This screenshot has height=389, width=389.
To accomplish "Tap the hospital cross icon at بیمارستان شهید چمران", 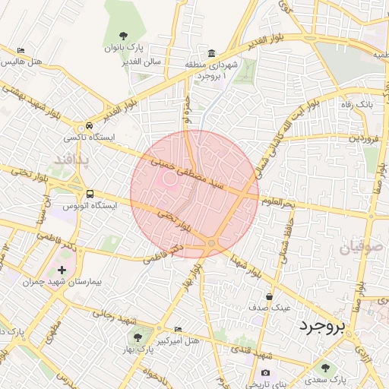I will [62, 270].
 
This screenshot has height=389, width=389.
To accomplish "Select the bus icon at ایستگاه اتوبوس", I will [90, 194].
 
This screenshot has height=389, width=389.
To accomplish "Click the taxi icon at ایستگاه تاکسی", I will [90, 126].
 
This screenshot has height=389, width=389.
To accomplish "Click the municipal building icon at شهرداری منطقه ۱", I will [210, 53].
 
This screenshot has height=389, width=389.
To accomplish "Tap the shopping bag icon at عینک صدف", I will [269, 297].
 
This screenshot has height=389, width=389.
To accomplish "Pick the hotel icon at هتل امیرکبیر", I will [178, 329].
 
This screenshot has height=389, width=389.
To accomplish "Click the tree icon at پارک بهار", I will [138, 336].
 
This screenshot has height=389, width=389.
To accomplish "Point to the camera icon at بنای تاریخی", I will [265, 372].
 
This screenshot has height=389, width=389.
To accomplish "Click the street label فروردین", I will [362, 139].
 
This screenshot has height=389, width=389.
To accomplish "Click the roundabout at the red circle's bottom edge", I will [210, 243].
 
